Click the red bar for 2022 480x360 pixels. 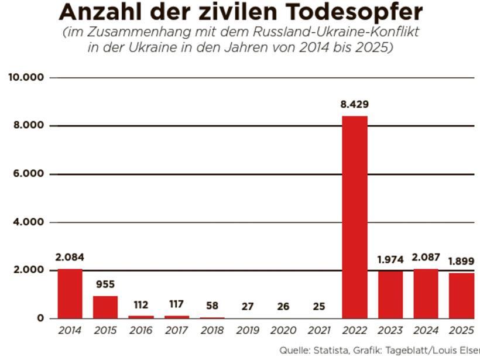[355, 217]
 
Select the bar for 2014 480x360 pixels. [70, 293]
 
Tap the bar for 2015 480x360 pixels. [105, 307]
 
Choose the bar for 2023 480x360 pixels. [390, 294]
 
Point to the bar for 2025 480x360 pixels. [461, 296]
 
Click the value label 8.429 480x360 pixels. [355, 105]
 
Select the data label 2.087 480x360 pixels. [426, 258]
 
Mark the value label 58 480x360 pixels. [212, 306]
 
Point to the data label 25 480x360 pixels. [319, 306]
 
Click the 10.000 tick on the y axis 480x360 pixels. [26, 77]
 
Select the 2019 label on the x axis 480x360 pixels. [248, 331]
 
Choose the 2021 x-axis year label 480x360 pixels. [319, 331]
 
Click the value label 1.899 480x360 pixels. [461, 261]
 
